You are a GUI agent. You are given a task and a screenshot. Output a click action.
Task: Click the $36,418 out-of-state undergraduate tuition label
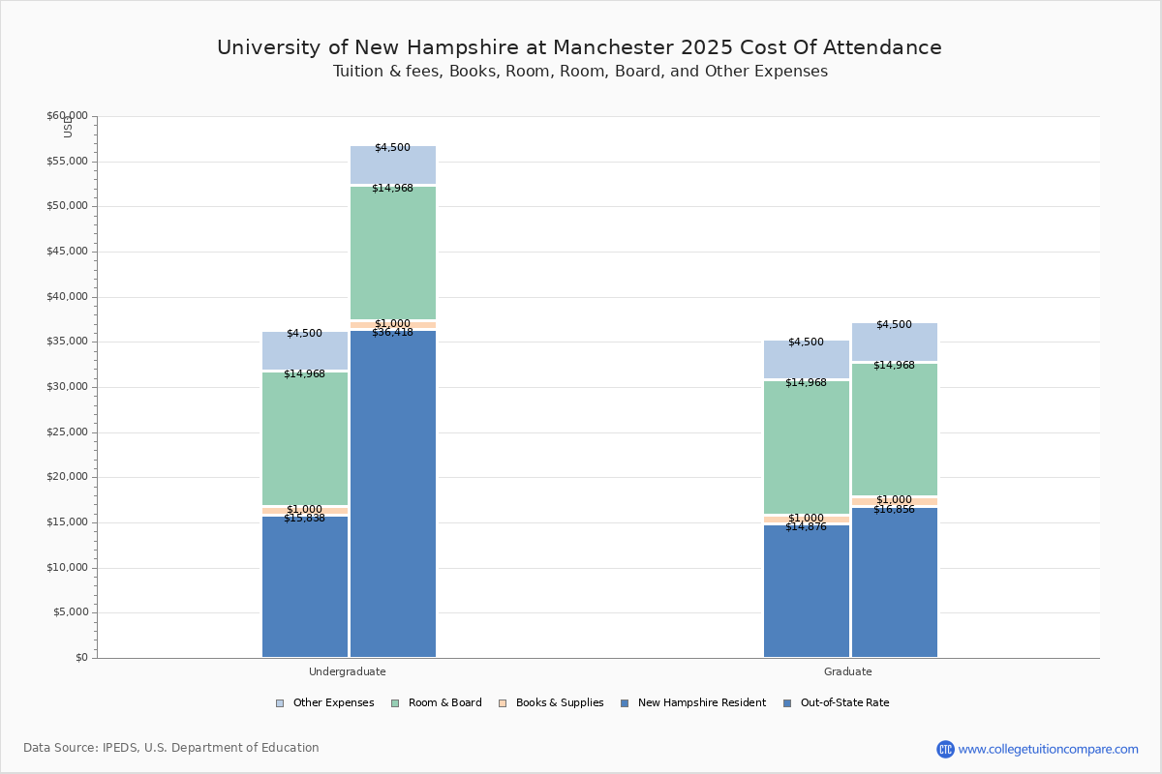point(392,333)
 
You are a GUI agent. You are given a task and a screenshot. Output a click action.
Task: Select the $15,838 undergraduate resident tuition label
point(304,519)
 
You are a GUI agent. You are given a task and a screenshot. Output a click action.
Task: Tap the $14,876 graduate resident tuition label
point(806,527)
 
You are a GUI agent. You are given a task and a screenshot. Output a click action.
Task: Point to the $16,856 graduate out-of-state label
point(894,510)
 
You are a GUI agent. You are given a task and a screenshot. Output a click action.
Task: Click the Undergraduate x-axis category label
point(348,671)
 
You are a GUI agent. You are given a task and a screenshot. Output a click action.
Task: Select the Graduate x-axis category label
point(848,671)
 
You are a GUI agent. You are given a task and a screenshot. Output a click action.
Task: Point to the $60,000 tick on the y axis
point(67,116)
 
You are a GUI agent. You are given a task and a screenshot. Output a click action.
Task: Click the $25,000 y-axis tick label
point(67,432)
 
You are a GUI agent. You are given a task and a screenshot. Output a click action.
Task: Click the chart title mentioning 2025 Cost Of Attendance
point(579,47)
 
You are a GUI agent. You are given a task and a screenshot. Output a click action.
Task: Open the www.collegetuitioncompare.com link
point(1048,749)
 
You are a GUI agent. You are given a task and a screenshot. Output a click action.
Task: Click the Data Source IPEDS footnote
point(171,748)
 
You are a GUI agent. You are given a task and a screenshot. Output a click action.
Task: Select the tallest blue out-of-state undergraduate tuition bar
point(393,493)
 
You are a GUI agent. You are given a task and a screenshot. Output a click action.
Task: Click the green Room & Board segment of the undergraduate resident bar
point(305,438)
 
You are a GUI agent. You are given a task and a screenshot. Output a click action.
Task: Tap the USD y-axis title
point(68,127)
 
